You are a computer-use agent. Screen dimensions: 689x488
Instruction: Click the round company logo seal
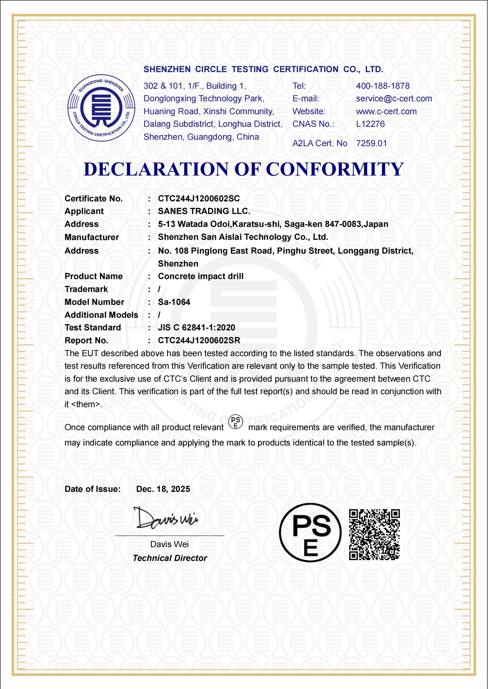point(101,108)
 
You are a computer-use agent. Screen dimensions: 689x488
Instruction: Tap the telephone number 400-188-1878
point(383,86)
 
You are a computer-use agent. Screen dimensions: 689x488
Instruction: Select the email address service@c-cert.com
point(394,99)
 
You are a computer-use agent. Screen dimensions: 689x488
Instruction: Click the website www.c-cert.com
point(386,111)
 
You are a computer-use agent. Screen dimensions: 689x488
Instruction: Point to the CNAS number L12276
point(370,124)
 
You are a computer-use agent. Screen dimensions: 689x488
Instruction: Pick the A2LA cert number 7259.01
point(371,143)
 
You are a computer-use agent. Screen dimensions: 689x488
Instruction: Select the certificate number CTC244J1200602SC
point(199,198)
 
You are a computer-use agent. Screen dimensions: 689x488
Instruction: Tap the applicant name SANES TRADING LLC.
point(204,211)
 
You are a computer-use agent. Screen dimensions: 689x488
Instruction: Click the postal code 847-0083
point(343,224)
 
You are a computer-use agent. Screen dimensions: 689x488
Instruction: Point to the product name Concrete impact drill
point(200,276)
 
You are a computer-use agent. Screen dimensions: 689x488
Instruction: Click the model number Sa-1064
point(174,302)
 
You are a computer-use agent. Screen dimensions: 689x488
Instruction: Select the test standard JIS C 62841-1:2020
point(196,328)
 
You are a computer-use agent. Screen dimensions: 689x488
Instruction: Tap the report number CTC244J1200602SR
point(199,341)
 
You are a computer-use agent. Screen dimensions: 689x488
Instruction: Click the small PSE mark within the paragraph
point(236,422)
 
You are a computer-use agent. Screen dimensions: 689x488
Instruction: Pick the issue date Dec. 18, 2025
point(163,489)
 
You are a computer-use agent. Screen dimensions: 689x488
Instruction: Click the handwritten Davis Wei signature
point(166,518)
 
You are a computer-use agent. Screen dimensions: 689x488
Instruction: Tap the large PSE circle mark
point(310,533)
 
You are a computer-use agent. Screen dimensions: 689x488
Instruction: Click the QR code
point(374,534)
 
